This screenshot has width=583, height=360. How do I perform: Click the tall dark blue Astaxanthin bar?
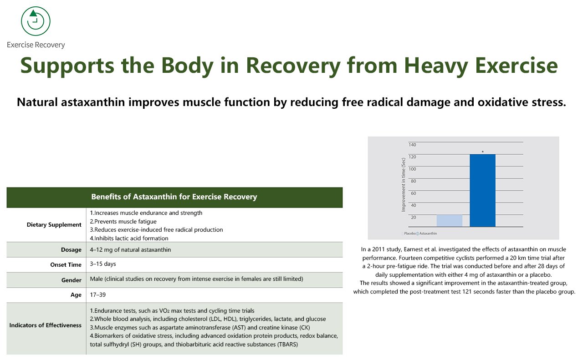tap(482, 190)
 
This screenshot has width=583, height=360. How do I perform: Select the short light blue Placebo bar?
tap(449, 220)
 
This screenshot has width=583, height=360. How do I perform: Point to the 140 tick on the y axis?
tap(412, 145)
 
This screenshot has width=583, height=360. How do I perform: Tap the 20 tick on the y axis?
tap(413, 218)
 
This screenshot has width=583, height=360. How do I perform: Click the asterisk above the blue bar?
tap(482, 152)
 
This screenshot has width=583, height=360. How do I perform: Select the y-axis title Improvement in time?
tap(403, 185)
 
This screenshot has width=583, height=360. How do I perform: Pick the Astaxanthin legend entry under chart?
tap(428, 233)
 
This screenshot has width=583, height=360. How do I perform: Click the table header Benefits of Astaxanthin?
tap(174, 197)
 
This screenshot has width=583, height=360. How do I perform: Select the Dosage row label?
tap(71, 250)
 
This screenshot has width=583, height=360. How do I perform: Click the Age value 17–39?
tap(97, 295)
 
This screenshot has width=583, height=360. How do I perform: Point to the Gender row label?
tap(72, 280)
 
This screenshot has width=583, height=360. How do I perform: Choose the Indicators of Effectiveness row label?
tap(46, 325)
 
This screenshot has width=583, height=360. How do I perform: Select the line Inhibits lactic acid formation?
tap(129, 238)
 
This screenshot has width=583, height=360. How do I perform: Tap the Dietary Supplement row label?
tap(54, 225)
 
